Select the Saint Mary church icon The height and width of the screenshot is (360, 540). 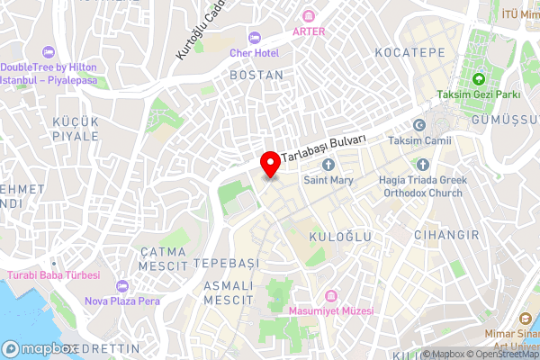coord(328,165)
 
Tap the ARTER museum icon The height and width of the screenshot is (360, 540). coord(309,16)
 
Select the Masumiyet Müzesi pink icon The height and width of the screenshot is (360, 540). coord(331,295)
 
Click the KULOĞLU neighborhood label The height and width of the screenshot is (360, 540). coord(340,235)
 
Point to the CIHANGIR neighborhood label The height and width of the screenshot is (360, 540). coord(441,235)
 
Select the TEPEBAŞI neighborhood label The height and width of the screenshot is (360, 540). coord(226,262)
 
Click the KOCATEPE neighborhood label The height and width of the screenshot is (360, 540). coord(410,53)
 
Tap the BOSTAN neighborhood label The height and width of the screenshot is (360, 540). coord(256,76)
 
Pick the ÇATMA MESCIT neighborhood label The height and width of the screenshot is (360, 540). coord(163,260)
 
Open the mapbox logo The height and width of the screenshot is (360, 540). coord(40,348)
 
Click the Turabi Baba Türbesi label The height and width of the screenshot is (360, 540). coord(53,274)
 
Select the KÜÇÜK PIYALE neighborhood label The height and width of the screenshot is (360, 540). coord(76,128)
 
